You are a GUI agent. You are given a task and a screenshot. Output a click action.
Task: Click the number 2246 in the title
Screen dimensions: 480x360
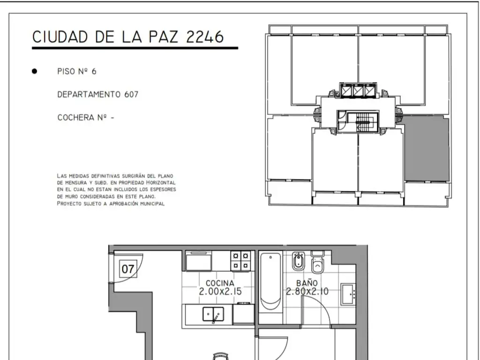tap(205, 37)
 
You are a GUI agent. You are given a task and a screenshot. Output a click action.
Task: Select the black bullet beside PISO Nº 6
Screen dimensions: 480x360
tap(34, 71)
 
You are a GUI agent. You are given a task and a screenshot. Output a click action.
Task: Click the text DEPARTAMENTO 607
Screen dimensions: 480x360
tap(97, 94)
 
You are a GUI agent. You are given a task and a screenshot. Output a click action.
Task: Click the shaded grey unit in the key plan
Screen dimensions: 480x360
tap(427, 148)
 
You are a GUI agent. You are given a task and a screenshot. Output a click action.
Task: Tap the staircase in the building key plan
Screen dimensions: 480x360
tap(363, 122)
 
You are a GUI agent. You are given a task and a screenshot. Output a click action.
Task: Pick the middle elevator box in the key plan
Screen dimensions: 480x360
tap(358, 91)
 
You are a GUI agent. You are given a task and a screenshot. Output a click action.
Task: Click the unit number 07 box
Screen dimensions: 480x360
tap(127, 269)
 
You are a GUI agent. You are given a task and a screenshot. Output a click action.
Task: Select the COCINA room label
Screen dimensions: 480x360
tap(220, 283)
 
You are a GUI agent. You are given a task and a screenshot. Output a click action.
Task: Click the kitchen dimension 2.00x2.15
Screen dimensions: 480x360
tap(220, 292)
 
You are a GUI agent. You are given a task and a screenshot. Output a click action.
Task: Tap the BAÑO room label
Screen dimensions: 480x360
tap(307, 283)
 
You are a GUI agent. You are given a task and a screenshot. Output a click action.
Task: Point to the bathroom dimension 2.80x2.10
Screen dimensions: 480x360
tap(307, 291)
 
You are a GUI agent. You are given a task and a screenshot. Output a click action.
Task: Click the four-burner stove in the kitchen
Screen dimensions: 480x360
tap(240, 261)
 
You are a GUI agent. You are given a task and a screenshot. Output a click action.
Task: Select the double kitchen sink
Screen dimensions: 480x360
tap(213, 315)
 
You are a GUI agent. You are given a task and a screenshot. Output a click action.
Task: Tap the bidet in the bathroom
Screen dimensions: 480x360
tap(298, 261)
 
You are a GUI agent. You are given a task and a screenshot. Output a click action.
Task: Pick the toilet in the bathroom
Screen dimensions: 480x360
tap(317, 262)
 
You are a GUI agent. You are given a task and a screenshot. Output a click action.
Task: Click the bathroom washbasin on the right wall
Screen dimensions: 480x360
tap(348, 294)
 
